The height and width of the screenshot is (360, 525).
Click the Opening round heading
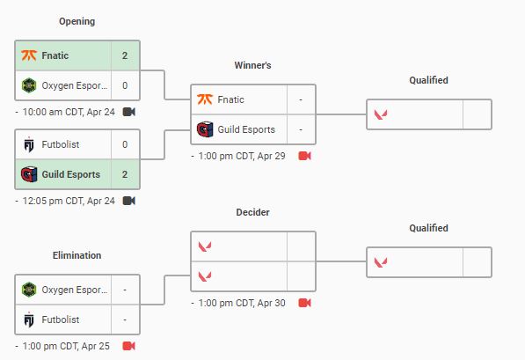click(x=77, y=21)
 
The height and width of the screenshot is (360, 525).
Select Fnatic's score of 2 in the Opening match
click(x=125, y=55)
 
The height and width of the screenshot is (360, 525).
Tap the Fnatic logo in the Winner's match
click(x=205, y=99)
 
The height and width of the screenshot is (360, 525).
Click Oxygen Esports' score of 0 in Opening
click(x=125, y=85)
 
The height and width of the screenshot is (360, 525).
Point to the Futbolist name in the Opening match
click(x=61, y=144)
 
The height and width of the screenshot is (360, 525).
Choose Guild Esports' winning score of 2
click(x=125, y=174)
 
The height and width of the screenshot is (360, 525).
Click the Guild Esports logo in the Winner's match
click(x=205, y=129)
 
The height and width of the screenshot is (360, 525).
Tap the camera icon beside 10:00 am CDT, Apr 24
click(x=129, y=112)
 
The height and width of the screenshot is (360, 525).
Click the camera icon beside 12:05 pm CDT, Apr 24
click(x=129, y=201)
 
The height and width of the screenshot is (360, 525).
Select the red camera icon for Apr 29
click(x=304, y=156)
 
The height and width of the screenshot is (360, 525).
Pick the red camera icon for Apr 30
click(x=304, y=303)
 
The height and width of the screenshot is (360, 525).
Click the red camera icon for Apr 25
click(x=129, y=346)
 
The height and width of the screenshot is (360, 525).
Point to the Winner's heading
click(x=252, y=65)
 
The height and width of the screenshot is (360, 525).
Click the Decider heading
click(x=252, y=212)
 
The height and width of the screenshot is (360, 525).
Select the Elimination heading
click(x=77, y=255)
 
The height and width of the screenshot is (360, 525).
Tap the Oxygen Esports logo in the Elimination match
click(x=29, y=290)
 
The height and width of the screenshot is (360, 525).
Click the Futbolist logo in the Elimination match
click(x=29, y=320)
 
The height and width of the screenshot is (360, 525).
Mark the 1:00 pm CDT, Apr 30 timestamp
click(x=242, y=303)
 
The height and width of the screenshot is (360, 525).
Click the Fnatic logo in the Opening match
click(x=29, y=55)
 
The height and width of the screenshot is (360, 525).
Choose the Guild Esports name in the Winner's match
click(x=246, y=129)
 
